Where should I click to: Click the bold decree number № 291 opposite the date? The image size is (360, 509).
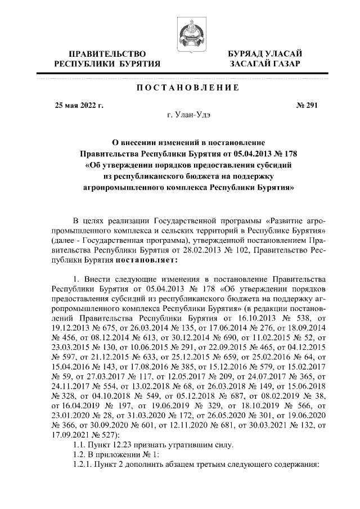[307, 105]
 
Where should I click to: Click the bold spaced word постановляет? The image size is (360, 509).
[147, 261]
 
